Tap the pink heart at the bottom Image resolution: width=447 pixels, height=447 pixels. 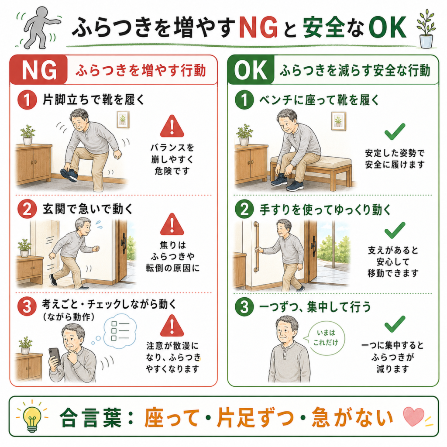click(414, 416)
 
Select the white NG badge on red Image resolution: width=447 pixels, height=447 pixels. click(39, 70)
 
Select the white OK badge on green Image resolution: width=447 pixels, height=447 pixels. click(251, 70)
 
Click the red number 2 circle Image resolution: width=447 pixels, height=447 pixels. click(27, 209)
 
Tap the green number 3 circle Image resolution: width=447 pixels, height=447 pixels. click(244, 307)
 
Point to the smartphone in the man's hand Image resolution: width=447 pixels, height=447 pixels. click(55, 357)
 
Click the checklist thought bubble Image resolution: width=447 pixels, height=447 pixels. click(120, 331)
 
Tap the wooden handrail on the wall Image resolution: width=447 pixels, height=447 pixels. click(256, 247)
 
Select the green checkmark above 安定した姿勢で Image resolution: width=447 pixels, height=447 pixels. click(395, 131)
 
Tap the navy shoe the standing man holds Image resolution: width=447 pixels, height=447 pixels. click(69, 175)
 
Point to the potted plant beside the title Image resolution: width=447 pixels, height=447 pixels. click(426, 28)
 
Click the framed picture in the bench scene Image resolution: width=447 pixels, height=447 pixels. click(338, 121)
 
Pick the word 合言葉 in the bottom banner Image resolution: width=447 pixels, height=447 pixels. click(91, 417)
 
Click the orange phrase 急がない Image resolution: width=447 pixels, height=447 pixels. click(352, 417)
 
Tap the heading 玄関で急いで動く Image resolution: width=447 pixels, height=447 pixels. click(88, 209)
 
